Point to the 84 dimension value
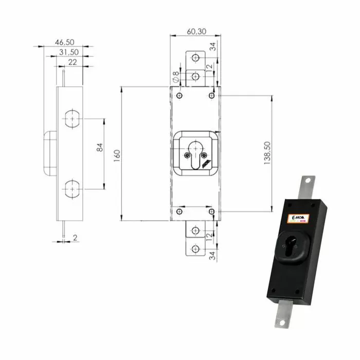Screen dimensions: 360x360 point(100,148)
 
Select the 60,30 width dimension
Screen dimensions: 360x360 point(196,31)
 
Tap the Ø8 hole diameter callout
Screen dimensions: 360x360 point(176,78)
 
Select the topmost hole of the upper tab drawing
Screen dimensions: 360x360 point(195,58)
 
